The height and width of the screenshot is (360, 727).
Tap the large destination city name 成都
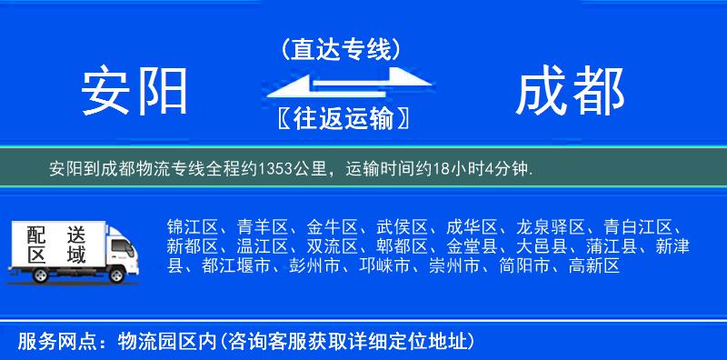tap(570, 92)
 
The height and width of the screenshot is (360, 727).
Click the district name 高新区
tap(593, 266)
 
